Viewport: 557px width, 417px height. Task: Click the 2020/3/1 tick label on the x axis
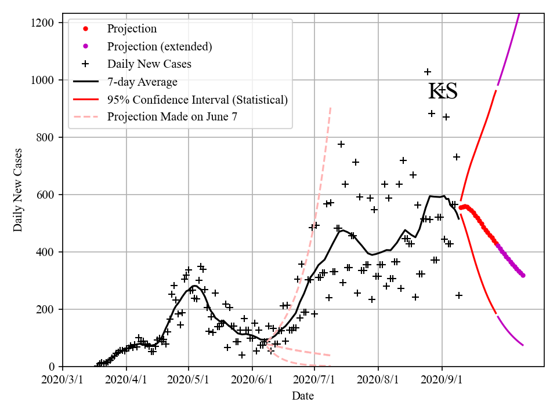click(x=63, y=381)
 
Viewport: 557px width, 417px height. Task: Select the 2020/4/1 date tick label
click(x=126, y=381)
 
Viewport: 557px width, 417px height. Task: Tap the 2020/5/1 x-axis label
click(x=189, y=381)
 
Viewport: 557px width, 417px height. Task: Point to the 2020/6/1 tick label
click(x=252, y=381)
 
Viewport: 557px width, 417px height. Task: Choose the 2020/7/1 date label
click(x=314, y=381)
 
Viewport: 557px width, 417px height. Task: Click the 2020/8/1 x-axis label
click(x=378, y=381)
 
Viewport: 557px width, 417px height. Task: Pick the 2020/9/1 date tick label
click(x=442, y=381)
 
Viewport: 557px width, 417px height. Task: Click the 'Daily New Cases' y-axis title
click(x=18, y=189)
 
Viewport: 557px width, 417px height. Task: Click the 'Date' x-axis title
click(x=303, y=396)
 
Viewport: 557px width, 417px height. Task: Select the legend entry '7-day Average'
click(x=142, y=82)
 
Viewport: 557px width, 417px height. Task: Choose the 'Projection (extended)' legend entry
click(x=160, y=46)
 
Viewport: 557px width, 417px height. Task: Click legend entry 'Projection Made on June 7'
click(x=172, y=117)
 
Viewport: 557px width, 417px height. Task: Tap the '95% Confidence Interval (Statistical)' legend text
click(x=197, y=100)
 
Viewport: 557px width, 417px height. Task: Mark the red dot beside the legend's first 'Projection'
click(x=86, y=28)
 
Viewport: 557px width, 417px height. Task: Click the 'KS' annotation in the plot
click(x=443, y=92)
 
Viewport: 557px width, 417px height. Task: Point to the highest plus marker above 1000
click(x=428, y=72)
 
